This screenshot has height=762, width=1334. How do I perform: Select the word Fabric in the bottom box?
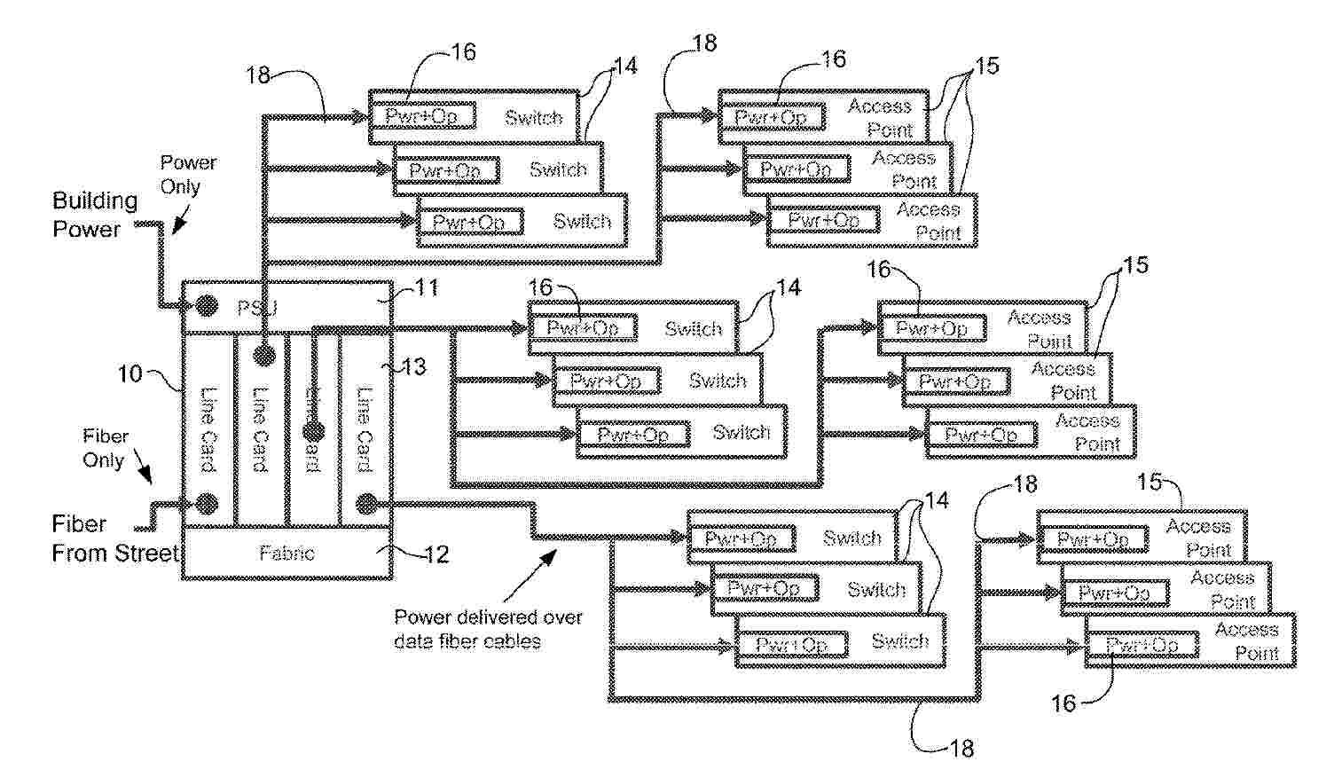[x=286, y=553]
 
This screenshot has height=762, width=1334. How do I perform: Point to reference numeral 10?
[x=130, y=373]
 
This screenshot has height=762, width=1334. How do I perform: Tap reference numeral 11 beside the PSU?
[x=427, y=289]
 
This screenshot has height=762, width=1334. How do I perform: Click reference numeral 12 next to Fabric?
[x=436, y=554]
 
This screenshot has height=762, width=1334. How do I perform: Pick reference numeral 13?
[x=412, y=365]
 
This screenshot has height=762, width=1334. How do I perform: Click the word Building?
[x=95, y=200]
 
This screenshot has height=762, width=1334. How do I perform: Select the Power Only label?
[x=188, y=175]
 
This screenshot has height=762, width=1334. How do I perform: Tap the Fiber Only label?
[x=106, y=448]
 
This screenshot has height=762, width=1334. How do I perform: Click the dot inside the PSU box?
[x=206, y=306]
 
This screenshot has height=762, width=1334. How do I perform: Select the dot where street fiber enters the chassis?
[x=207, y=504]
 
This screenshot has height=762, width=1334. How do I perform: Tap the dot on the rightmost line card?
[x=365, y=504]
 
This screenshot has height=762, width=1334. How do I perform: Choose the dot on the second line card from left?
[x=263, y=356]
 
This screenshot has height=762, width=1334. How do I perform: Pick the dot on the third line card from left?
[x=313, y=433]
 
